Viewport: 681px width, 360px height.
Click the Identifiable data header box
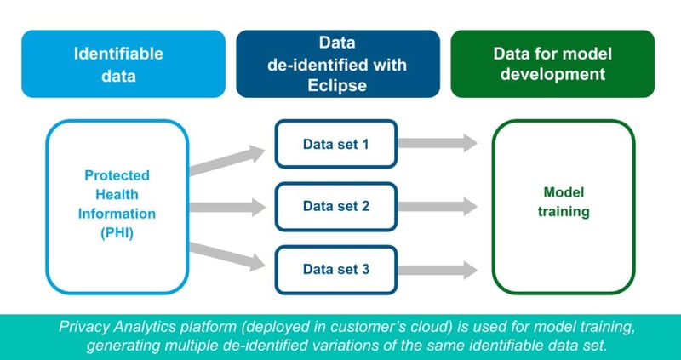point(117,64)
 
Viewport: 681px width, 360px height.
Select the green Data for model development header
point(552,64)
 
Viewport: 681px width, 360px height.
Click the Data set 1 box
point(336,143)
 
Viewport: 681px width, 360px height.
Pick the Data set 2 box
point(336,206)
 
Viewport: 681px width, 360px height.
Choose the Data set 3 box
point(336,269)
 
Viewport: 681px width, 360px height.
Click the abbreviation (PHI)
point(117,231)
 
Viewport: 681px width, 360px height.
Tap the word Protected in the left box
point(117,175)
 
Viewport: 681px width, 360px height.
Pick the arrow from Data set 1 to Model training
point(438,143)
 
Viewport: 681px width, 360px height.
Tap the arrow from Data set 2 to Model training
point(438,206)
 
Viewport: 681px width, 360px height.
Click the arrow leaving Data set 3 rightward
point(438,269)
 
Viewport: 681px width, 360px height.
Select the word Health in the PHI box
point(117,194)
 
